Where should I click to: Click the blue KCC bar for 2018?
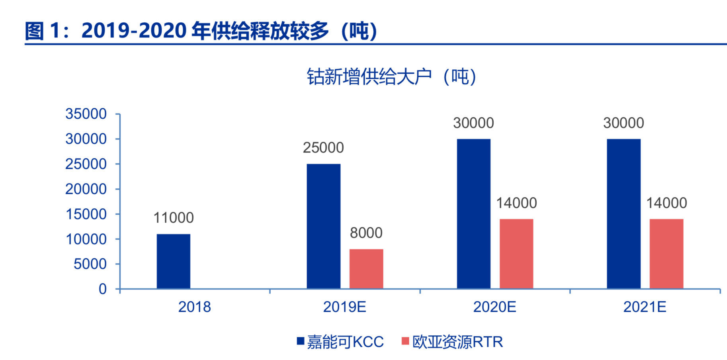[x=174, y=261]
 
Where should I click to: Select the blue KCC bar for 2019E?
[x=323, y=226]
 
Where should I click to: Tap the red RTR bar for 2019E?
[x=366, y=269]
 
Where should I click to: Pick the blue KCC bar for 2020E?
[x=473, y=214]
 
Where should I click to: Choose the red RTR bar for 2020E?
[x=516, y=254]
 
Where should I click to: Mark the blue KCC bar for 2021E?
[x=623, y=214]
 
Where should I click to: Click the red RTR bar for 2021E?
[x=666, y=254]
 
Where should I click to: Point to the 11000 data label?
[x=174, y=218]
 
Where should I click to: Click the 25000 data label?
[x=323, y=148]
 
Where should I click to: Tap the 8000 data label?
[x=366, y=233]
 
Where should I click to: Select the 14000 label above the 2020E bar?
[x=516, y=203]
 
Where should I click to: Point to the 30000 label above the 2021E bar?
[x=623, y=123]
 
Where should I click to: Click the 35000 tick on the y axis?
[x=86, y=114]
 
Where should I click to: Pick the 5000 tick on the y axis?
[x=90, y=264]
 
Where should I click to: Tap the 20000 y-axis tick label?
[x=86, y=189]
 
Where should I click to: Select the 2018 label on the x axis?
[x=194, y=307]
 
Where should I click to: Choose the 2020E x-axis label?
[x=494, y=307]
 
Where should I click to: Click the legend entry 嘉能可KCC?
[x=340, y=342]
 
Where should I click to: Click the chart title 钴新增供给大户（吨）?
[x=391, y=76]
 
